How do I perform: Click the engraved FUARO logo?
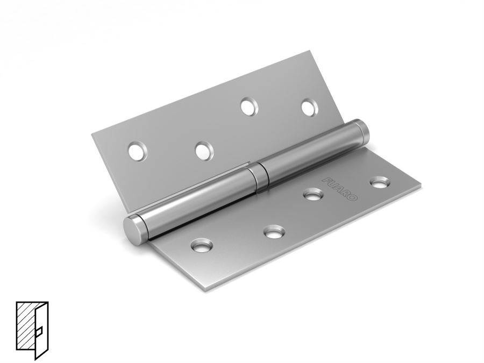coord(340,189)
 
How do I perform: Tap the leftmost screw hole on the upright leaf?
coord(137,152)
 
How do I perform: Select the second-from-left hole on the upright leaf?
coord(204,151)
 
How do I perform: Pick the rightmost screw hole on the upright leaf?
coord(310,108)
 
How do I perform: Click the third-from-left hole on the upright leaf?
coord(250,106)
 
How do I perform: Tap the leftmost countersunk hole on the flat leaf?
coord(202,245)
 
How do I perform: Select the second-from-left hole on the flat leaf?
coord(274,232)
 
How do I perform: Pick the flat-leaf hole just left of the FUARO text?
coord(314,195)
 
